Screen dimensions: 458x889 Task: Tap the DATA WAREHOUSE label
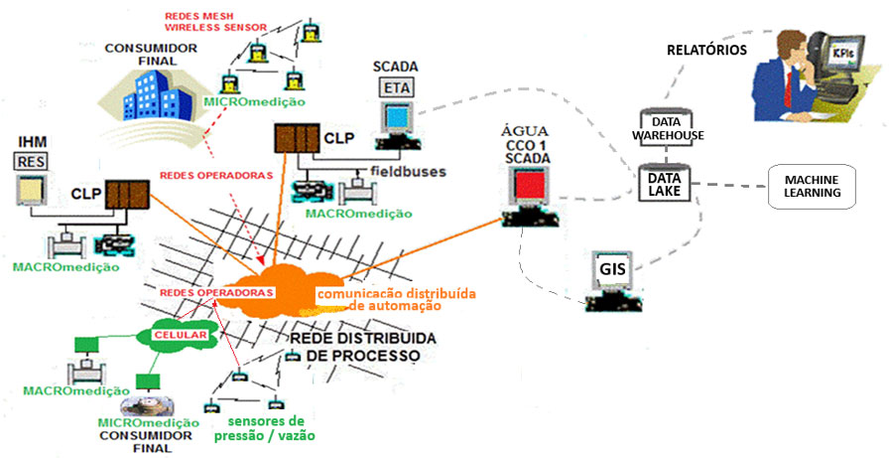(669, 127)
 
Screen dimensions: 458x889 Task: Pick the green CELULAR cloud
(180, 336)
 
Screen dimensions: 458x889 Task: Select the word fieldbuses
(409, 171)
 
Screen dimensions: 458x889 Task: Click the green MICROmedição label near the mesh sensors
(253, 101)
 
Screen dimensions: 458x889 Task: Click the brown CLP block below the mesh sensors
(294, 140)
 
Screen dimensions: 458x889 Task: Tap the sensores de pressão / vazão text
(266, 427)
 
